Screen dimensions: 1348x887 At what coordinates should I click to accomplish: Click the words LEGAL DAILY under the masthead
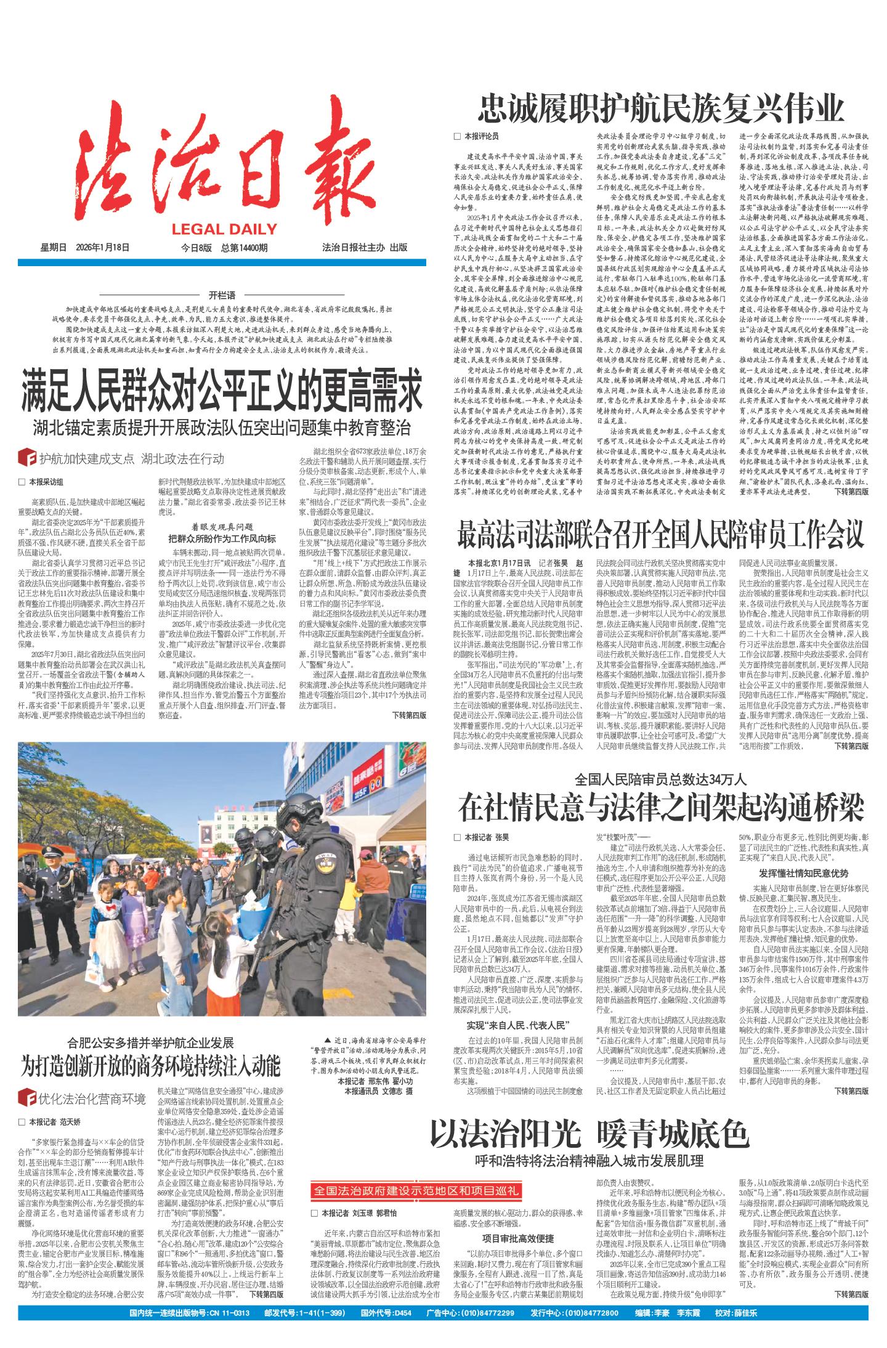[224, 230]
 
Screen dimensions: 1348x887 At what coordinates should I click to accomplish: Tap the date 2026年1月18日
[103, 248]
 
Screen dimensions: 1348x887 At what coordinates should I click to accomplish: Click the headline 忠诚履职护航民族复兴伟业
[661, 109]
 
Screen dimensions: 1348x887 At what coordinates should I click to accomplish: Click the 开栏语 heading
[221, 296]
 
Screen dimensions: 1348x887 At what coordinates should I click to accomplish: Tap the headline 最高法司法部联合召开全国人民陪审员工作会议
[661, 535]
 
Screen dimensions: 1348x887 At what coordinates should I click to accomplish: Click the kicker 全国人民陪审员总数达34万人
[661, 778]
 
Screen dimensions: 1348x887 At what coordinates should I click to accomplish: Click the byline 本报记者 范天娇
[59, 1121]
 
